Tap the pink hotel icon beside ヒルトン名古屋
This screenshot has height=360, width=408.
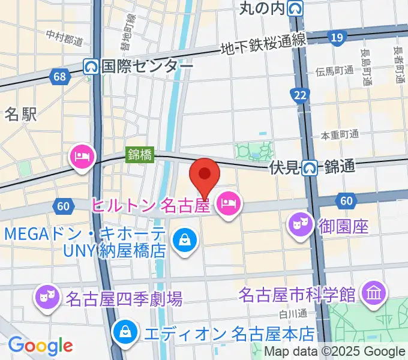tap(227, 205)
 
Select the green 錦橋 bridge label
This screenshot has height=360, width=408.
tap(140, 154)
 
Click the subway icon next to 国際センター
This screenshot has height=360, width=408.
tap(91, 65)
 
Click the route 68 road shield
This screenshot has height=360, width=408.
tap(59, 76)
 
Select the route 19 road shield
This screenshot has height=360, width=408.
tap(337, 38)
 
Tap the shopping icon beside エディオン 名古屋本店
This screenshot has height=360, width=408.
tap(125, 331)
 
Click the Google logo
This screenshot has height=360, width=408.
tap(40, 345)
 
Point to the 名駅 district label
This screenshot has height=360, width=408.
tap(21, 113)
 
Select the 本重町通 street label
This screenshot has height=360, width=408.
tap(340, 134)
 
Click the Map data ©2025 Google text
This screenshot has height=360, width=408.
tap(335, 352)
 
